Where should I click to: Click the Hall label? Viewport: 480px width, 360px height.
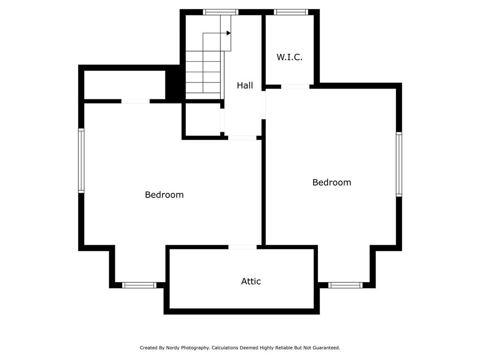pyautogui.click(x=245, y=85)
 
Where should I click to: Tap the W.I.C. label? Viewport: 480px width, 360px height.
pyautogui.click(x=289, y=57)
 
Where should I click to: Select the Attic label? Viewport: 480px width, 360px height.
pyautogui.click(x=251, y=281)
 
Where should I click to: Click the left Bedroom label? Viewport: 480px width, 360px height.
pyautogui.click(x=165, y=195)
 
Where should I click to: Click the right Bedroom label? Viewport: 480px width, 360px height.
pyautogui.click(x=332, y=182)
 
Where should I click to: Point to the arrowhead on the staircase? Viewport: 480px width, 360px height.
pyautogui.click(x=229, y=33)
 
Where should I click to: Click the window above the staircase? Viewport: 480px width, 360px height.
pyautogui.click(x=220, y=12)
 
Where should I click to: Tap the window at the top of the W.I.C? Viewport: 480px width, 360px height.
pyautogui.click(x=291, y=12)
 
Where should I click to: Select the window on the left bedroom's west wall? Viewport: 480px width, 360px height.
pyautogui.click(x=81, y=161)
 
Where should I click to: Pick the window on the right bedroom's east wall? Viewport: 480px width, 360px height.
pyautogui.click(x=399, y=164)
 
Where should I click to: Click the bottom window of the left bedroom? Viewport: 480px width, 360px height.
pyautogui.click(x=139, y=285)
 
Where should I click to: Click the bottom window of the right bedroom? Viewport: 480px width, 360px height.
pyautogui.click(x=345, y=285)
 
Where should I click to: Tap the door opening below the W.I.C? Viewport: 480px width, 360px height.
pyautogui.click(x=295, y=87)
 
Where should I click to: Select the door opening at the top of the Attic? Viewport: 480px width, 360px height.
pyautogui.click(x=242, y=247)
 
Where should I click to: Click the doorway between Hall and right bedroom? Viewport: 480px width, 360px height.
pyautogui.click(x=263, y=105)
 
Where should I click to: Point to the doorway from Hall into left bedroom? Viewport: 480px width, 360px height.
pyautogui.click(x=242, y=138)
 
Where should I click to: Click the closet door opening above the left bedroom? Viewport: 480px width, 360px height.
pyautogui.click(x=135, y=101)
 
